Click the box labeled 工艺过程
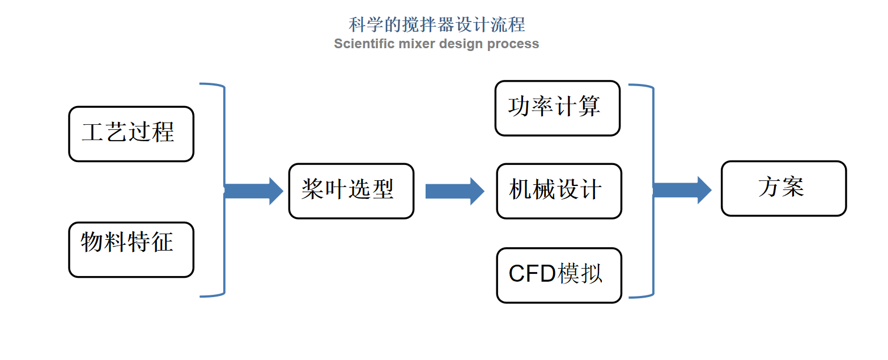click(x=131, y=134)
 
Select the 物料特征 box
click(x=131, y=250)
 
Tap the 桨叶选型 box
click(x=351, y=191)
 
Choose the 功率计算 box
click(x=558, y=108)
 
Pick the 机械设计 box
click(x=559, y=191)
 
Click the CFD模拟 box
click(x=559, y=276)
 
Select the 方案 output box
click(x=784, y=188)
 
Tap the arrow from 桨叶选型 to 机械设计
click(x=454, y=191)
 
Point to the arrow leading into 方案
click(x=682, y=190)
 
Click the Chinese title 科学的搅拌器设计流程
click(x=437, y=24)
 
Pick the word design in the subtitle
click(x=461, y=44)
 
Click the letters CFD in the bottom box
click(x=533, y=274)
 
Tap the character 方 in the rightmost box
click(x=770, y=187)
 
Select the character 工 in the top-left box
click(x=93, y=132)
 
